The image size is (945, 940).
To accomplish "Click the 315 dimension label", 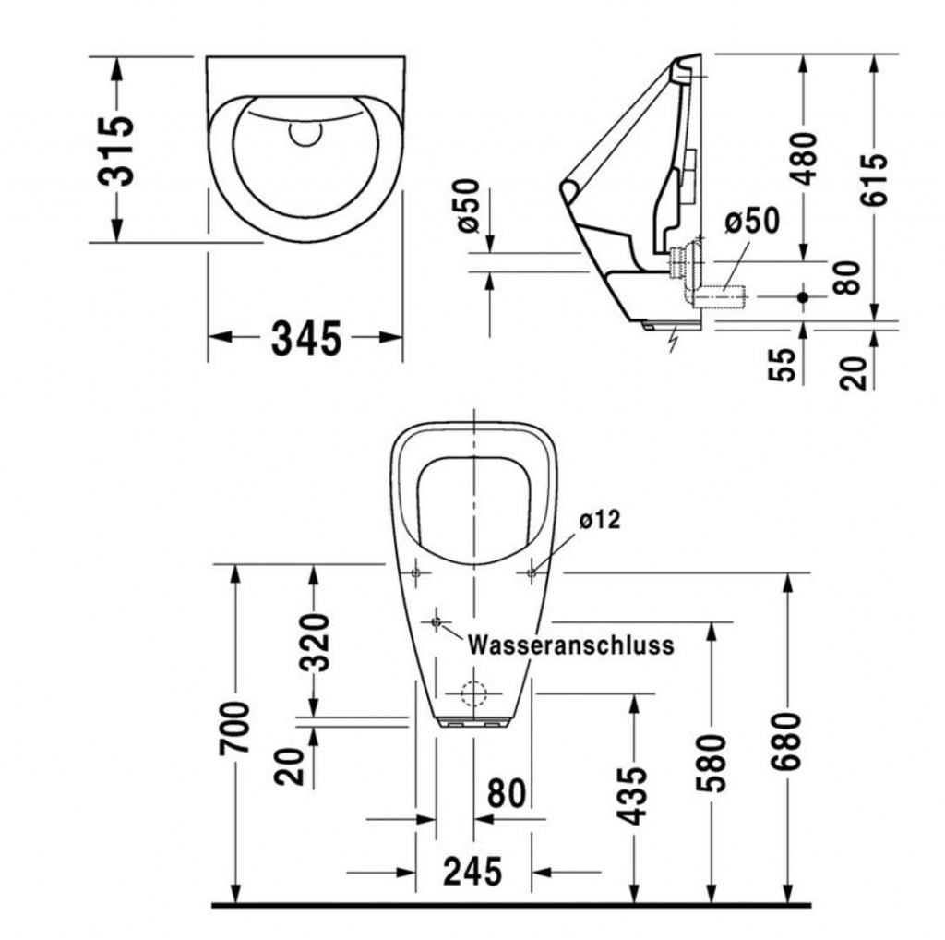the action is (116, 151).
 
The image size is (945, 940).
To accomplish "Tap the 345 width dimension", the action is (306, 338).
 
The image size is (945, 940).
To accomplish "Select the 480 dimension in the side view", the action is (804, 158).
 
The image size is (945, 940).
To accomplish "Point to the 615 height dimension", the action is (874, 180).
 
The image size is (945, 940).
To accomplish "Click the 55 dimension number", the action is (783, 364).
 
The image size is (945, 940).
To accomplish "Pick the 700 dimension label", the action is (234, 727).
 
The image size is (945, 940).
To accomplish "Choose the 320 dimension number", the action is (316, 642).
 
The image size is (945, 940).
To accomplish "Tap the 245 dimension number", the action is (472, 872).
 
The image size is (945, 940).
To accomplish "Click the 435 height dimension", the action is (632, 795).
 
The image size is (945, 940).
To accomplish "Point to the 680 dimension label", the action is (786, 741).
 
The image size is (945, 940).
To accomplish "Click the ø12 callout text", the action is (600, 519).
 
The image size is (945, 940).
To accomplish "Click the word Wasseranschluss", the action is (570, 645).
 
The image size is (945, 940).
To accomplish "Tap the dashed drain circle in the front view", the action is (473, 682).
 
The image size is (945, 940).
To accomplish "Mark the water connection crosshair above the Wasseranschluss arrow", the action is (437, 621).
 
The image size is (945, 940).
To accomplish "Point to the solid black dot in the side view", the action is (802, 296).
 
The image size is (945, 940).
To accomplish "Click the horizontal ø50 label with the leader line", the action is (752, 221).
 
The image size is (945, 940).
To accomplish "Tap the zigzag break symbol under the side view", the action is (674, 340).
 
